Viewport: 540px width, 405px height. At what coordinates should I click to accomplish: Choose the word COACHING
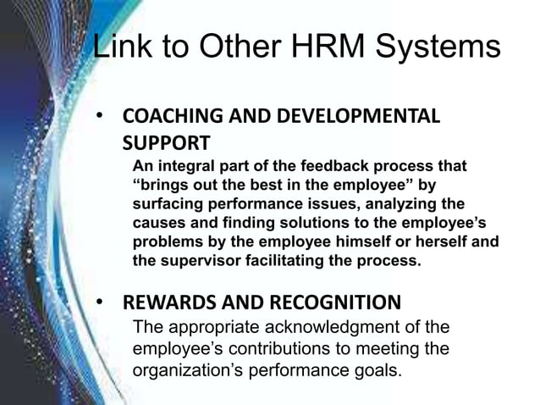pos(166,116)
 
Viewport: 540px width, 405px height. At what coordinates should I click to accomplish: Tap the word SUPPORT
pos(165,140)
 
